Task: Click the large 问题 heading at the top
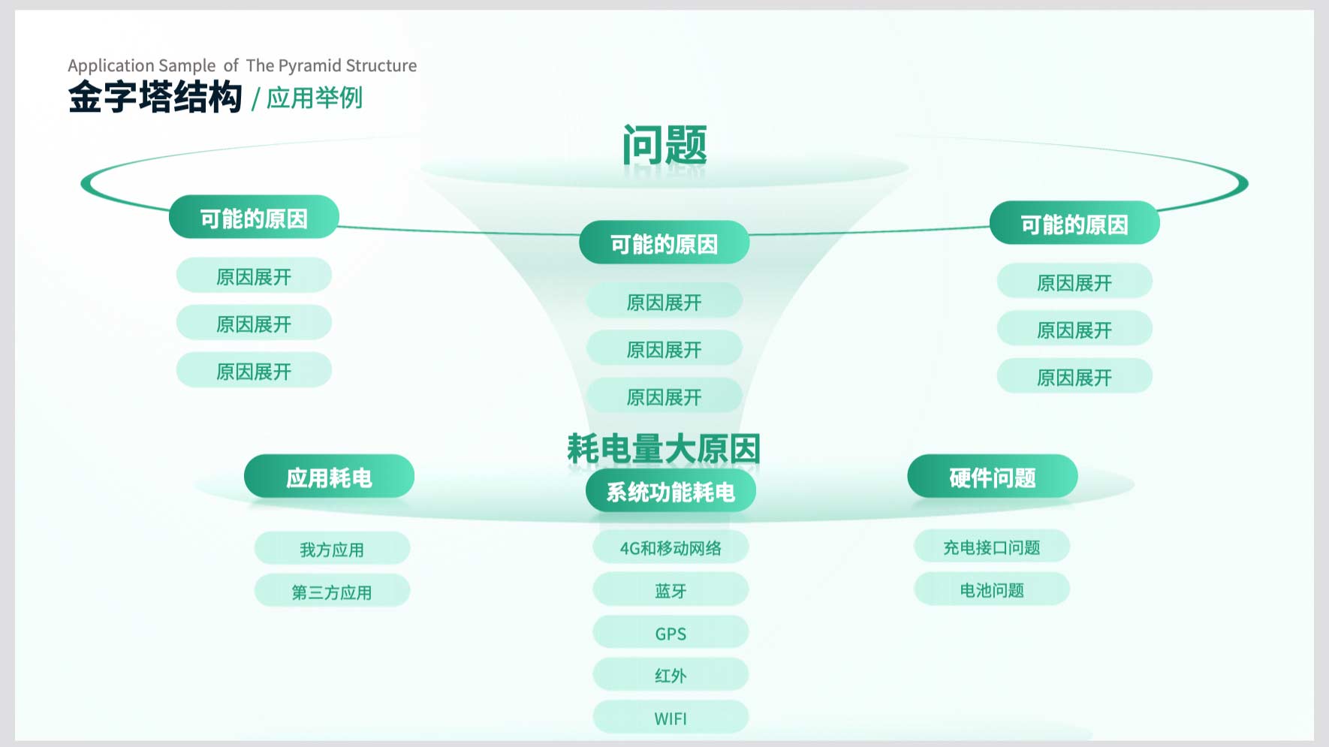664,145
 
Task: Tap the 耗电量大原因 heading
664,449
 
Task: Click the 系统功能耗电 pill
671,491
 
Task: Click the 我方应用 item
332,549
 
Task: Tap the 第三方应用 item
332,592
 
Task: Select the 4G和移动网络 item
671,547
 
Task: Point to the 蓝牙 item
671,590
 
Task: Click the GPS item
671,633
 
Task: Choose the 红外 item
671,675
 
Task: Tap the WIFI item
671,718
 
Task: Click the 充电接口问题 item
992,547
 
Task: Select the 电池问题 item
992,589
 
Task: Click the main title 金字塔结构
155,98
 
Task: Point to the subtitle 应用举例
315,98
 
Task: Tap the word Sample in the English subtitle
187,66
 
